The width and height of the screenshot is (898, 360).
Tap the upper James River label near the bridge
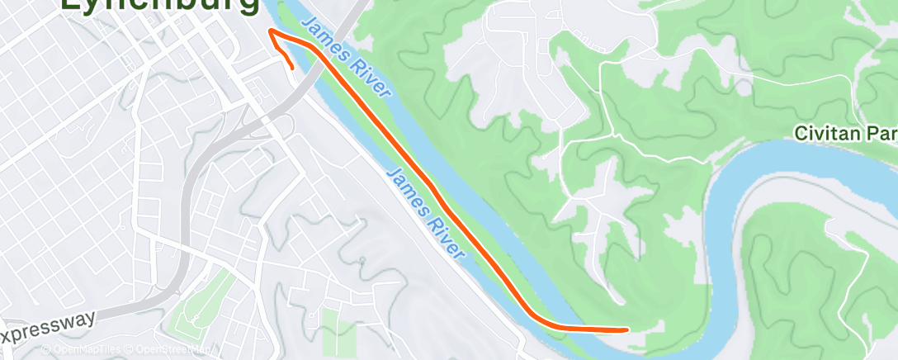345,57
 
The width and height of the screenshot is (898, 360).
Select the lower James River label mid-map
424,212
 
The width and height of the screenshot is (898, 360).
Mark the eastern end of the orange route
626,329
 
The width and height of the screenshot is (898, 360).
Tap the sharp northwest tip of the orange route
270,32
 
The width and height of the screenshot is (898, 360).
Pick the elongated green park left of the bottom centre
199,302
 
